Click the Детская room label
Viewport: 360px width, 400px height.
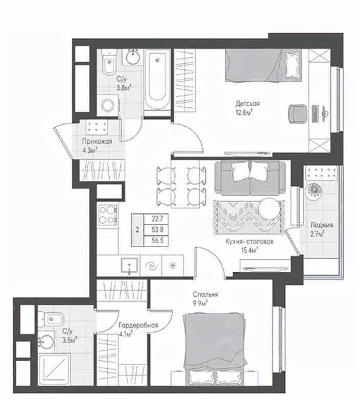(248, 104)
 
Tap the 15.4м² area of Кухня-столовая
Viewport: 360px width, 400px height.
(249, 250)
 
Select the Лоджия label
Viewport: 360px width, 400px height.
(322, 225)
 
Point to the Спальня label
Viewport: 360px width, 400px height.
(205, 294)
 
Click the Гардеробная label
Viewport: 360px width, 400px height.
(138, 325)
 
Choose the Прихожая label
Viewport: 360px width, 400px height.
(97, 142)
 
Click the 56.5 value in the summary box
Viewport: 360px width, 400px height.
(157, 240)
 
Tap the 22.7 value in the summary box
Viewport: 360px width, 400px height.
(157, 219)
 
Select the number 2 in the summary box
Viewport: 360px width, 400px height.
(137, 230)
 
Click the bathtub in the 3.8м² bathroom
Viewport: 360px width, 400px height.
(157, 80)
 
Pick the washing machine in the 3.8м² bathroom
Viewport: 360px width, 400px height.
(108, 105)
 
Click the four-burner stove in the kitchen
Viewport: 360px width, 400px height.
(108, 214)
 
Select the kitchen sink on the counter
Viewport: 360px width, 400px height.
(130, 265)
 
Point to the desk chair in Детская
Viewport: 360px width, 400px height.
(298, 114)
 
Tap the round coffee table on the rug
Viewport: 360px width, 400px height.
(269, 208)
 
